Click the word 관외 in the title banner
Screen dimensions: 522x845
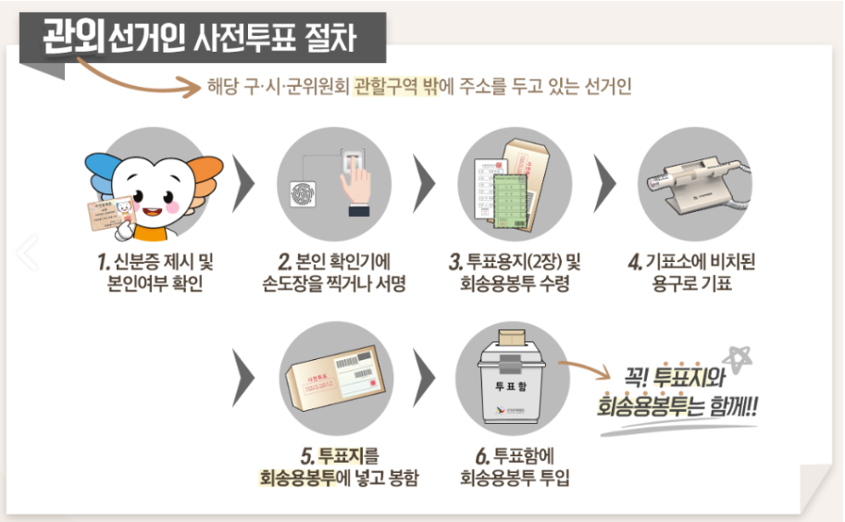74,36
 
